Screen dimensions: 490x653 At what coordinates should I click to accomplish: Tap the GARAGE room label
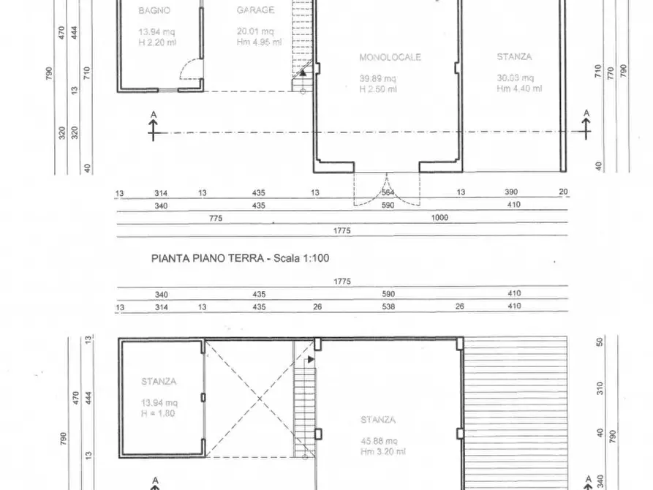tap(255, 10)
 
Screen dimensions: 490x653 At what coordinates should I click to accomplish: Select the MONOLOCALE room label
tap(390, 57)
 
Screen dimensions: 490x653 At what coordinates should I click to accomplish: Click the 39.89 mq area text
tap(378, 78)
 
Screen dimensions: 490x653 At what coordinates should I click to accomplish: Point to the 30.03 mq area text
tap(516, 78)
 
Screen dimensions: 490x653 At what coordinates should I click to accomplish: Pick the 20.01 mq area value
tap(255, 31)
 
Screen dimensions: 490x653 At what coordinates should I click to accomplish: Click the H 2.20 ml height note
tap(156, 42)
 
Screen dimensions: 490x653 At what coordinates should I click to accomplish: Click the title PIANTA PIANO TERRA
tap(209, 258)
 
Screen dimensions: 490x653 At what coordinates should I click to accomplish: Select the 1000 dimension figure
tap(440, 218)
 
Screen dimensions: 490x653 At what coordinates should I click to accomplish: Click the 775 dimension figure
tap(215, 218)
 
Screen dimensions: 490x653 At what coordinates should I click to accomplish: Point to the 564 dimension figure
tap(388, 193)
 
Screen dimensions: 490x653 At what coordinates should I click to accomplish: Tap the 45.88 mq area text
tap(378, 440)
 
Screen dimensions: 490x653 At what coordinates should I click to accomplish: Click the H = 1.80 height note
tap(157, 412)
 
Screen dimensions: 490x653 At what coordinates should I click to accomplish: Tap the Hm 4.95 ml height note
tap(259, 42)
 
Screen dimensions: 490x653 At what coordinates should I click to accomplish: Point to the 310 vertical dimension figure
tap(600, 388)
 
